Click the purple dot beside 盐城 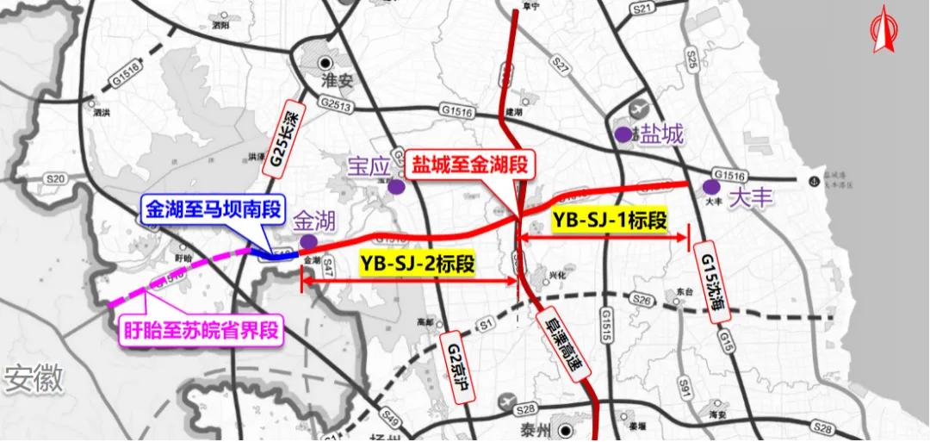click(623, 134)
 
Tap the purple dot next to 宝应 click(395, 186)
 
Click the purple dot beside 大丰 click(711, 187)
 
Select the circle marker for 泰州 click(565, 429)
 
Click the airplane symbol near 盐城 click(642, 111)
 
